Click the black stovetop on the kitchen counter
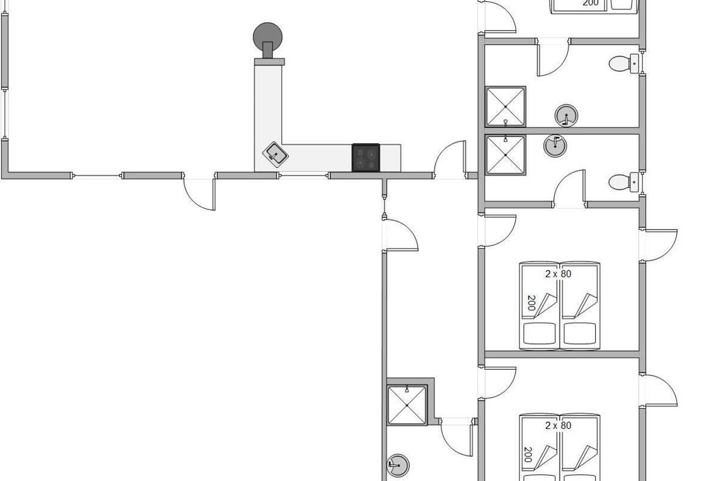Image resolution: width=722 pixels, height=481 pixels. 366,158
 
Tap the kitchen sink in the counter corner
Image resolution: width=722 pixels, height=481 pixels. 276,155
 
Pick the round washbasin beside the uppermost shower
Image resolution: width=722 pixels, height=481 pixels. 566,115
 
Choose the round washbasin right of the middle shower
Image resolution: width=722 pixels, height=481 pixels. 555,146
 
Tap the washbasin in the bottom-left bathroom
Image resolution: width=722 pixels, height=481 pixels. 398,465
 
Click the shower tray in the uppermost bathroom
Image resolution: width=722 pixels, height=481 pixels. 505,106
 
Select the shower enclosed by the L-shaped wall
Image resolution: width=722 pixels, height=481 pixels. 407,405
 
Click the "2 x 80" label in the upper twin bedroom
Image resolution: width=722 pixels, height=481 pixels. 558,274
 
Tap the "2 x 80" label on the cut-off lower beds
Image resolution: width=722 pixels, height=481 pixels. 558,426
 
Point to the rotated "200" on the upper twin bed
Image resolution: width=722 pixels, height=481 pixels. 531,303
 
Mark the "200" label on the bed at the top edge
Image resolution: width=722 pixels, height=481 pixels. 590,3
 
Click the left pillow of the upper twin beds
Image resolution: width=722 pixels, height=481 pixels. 540,334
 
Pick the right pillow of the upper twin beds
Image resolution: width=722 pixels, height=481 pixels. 579,334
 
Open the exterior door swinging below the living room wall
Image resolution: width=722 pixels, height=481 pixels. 199,194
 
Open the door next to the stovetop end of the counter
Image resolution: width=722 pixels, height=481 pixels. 449,159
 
